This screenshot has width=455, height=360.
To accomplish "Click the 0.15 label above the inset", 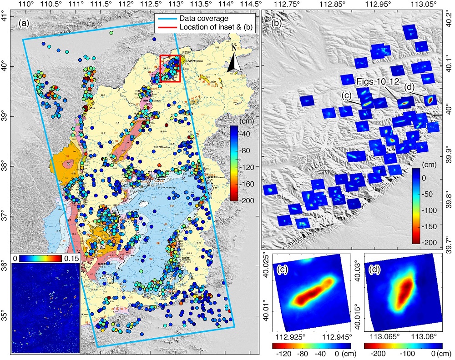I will click(x=73, y=258).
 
